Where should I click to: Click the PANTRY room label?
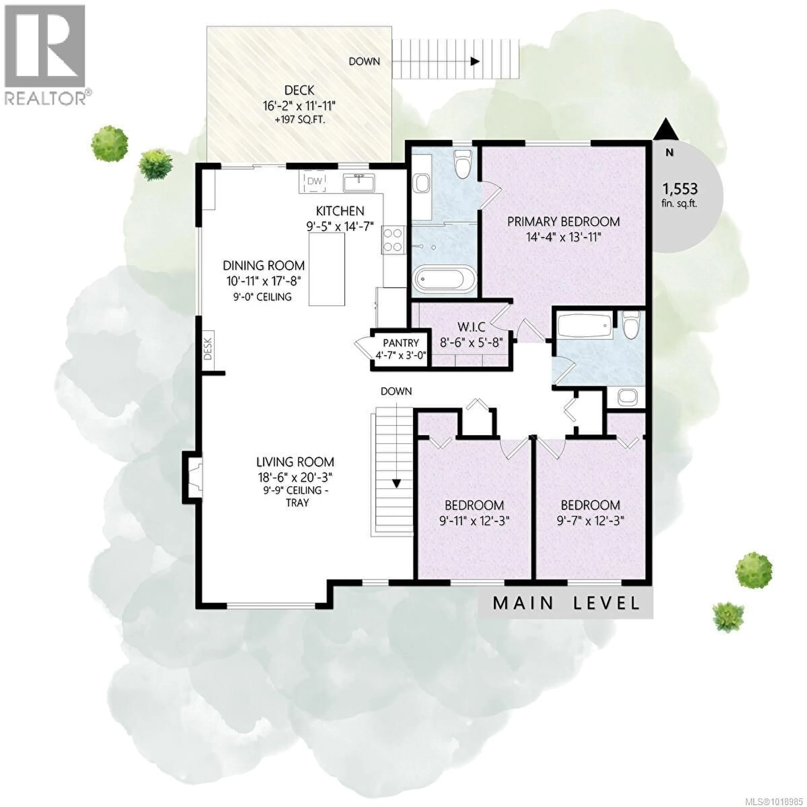[x=401, y=343]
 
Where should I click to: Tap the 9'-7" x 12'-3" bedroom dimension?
[x=590, y=521]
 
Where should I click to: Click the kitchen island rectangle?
[x=327, y=269]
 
